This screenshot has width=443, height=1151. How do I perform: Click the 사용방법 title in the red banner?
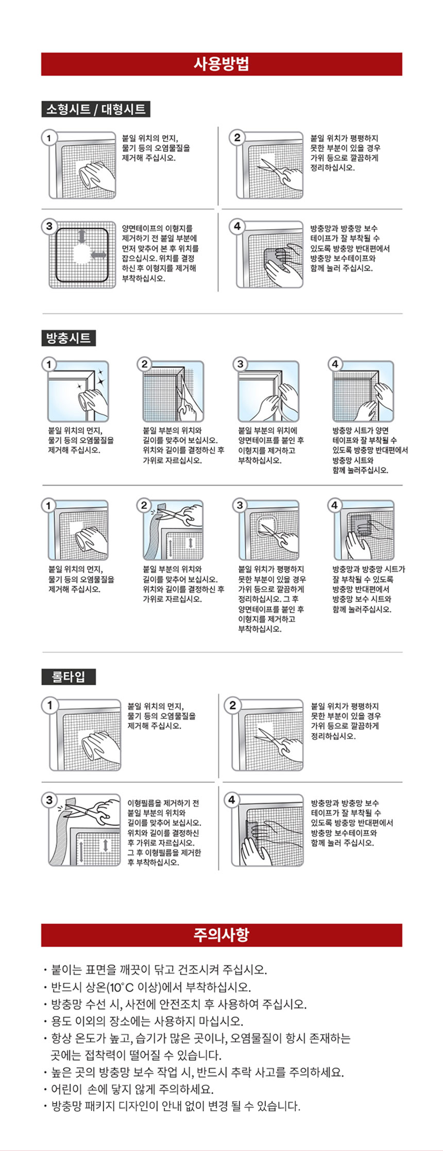tap(221, 64)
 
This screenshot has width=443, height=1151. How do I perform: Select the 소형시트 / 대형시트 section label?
tap(96, 109)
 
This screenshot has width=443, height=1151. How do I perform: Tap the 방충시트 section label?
tap(69, 338)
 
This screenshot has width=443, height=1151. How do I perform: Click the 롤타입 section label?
tap(69, 676)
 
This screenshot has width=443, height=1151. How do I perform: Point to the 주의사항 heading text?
tap(221, 935)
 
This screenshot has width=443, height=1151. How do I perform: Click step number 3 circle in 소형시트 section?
tap(49, 226)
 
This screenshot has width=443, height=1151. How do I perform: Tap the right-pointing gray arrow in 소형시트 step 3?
tap(98, 255)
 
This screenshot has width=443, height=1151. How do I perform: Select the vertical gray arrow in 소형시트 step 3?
tap(81, 237)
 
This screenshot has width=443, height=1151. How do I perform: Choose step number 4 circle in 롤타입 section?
tap(232, 799)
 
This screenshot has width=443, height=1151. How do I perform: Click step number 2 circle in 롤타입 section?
tap(232, 705)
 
